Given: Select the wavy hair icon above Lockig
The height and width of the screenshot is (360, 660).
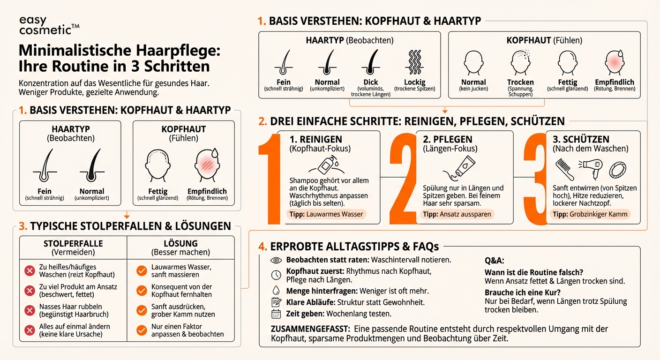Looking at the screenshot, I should click(414, 63).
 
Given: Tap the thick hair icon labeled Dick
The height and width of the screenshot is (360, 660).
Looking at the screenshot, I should click(371, 63).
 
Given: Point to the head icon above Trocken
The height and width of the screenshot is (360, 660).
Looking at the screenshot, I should click(520, 63).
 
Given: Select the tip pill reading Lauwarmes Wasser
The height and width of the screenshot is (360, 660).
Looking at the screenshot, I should click(326, 214).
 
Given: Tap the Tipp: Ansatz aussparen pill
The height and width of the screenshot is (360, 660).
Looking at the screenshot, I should click(457, 214).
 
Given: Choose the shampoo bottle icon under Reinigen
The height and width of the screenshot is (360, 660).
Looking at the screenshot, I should click(326, 165).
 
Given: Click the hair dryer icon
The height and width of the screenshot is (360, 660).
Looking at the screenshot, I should click(590, 168).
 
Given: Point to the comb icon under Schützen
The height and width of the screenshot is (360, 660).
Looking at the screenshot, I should click(565, 169).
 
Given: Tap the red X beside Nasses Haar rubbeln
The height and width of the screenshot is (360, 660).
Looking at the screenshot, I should click(30, 310).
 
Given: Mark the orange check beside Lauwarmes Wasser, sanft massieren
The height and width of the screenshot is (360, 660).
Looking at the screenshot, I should click(141, 270).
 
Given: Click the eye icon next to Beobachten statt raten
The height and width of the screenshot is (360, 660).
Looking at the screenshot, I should click(276, 260).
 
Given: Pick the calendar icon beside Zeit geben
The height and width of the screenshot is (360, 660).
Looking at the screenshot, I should click(276, 314).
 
